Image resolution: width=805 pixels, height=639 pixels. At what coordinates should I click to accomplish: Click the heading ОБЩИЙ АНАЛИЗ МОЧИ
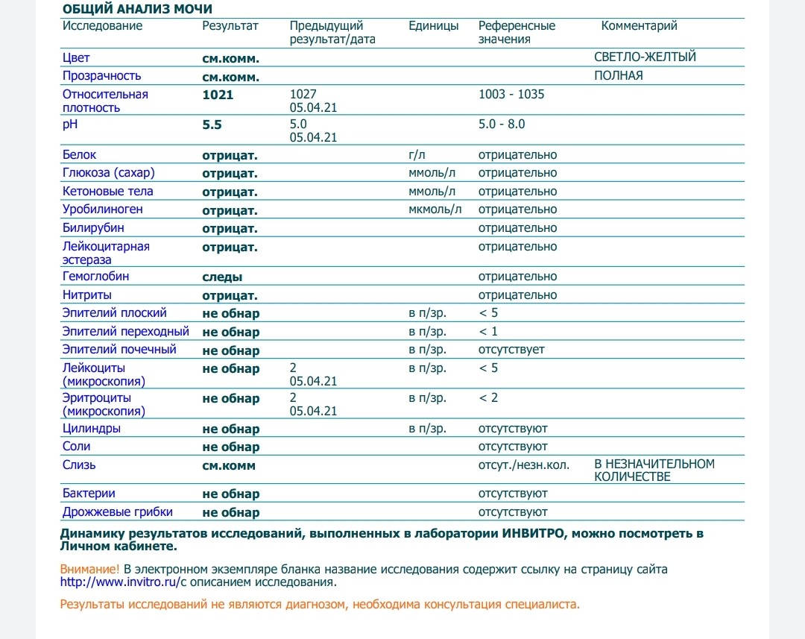(x=137, y=9)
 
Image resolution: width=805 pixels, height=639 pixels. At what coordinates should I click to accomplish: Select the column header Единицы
(x=434, y=26)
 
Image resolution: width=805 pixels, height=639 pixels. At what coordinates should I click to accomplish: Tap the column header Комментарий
(x=639, y=26)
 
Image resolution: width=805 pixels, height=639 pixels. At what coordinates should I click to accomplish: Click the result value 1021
(x=218, y=95)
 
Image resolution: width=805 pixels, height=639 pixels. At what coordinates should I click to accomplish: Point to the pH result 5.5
(x=212, y=125)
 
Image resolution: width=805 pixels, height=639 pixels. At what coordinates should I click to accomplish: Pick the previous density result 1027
(x=303, y=95)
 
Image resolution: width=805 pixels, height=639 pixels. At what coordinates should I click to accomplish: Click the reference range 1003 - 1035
(x=511, y=95)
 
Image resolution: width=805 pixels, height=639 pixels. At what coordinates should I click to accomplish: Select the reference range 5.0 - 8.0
(x=502, y=124)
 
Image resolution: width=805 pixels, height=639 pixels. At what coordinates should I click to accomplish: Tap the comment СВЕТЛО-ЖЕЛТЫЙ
(x=645, y=57)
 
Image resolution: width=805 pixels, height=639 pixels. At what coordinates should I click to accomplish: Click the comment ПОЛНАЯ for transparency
(x=619, y=76)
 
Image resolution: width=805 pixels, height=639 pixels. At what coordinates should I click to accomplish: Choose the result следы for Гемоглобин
(x=222, y=277)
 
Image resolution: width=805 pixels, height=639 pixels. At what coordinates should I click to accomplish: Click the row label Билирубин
(x=93, y=228)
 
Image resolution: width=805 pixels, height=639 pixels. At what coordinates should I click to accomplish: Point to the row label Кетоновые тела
(x=108, y=192)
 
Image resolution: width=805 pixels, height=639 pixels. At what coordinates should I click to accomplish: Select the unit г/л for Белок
(x=416, y=155)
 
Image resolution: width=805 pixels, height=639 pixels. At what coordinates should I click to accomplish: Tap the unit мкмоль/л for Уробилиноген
(x=435, y=210)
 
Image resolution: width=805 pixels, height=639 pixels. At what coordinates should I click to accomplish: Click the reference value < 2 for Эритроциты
(x=488, y=398)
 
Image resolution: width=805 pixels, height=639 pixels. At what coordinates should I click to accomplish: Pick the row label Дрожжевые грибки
(x=118, y=512)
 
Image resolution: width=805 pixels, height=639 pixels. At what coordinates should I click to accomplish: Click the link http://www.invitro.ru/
(x=121, y=583)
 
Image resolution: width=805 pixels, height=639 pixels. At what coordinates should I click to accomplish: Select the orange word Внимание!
(x=89, y=570)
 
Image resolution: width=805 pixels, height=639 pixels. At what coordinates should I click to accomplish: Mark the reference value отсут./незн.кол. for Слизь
(x=524, y=465)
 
